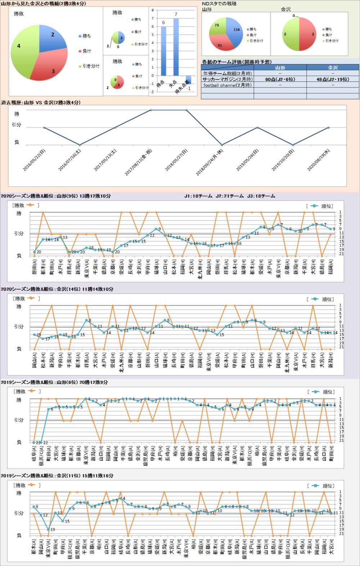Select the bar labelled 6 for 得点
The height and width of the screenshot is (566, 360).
point(163,51)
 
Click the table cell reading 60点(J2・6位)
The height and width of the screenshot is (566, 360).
point(280,79)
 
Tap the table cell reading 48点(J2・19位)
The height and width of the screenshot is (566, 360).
point(333,79)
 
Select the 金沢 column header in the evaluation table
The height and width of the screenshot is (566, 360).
point(333,67)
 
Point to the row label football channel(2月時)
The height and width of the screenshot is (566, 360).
point(227,85)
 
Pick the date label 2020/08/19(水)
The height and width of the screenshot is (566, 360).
point(319,160)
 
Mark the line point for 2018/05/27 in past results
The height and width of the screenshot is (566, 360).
point(186,110)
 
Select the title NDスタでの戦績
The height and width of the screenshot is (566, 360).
point(219,4)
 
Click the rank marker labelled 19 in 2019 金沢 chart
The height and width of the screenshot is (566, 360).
point(48,529)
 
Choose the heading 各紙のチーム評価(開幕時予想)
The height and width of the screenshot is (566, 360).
point(237,62)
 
